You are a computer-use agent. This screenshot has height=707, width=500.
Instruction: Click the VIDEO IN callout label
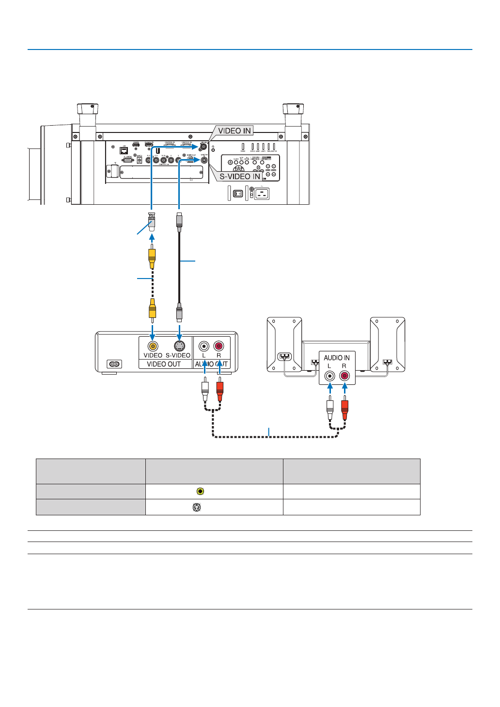tap(234, 131)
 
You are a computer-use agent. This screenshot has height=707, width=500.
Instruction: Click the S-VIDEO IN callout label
tap(240, 176)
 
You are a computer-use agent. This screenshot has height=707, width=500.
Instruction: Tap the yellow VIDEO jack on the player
tap(153, 346)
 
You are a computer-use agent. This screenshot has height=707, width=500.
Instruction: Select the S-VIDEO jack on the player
tap(179, 346)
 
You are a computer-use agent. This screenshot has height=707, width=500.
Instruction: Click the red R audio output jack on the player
tap(219, 346)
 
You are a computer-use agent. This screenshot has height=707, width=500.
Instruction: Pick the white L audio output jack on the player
tap(204, 346)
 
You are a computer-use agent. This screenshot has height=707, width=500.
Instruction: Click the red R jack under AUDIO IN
tap(344, 376)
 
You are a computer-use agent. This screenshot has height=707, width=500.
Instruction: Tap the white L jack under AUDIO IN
tap(330, 376)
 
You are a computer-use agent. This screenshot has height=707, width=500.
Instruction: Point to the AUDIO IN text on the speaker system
tap(337, 358)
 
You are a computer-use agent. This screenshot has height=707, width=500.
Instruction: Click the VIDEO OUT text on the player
tap(164, 364)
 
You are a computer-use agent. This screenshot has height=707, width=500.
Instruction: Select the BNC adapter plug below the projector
tap(152, 221)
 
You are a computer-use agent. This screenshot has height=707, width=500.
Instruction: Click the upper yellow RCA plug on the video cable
tap(152, 256)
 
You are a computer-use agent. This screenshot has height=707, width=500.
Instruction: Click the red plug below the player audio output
tap(219, 390)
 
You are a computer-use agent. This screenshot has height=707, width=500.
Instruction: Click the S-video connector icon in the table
tap(197, 507)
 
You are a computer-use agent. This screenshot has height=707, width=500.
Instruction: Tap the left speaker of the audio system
tap(284, 344)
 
